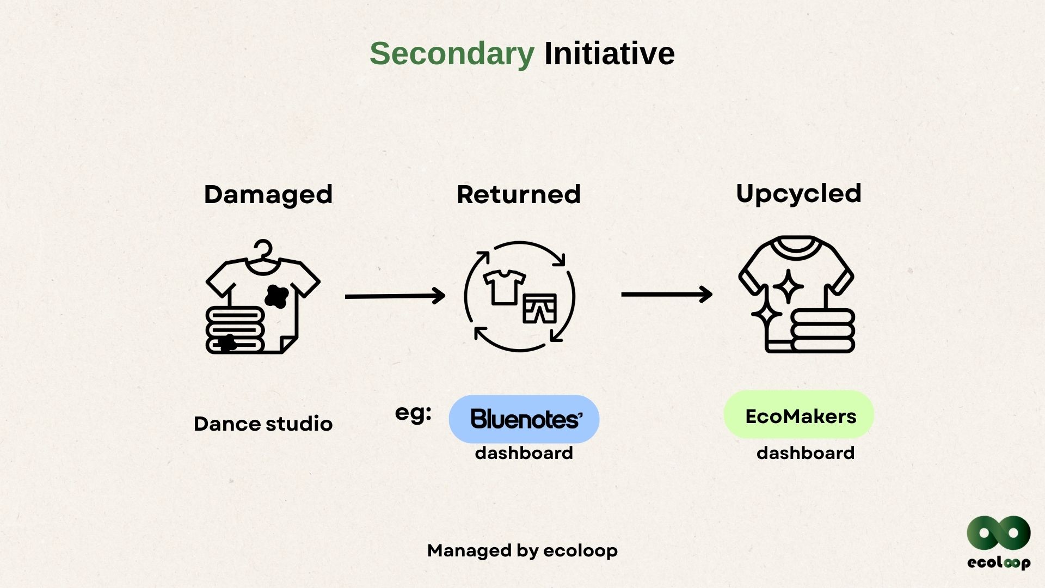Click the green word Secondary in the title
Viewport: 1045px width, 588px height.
[x=452, y=54]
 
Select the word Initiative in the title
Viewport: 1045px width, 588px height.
[x=609, y=54]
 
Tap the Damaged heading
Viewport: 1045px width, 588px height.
[x=268, y=194]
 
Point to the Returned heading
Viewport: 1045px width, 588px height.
[x=518, y=194]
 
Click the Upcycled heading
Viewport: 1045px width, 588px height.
[x=798, y=193]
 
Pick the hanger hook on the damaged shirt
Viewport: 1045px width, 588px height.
[x=263, y=249]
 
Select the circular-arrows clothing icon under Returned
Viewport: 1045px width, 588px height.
[x=519, y=297]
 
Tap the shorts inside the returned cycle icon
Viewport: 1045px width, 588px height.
[x=539, y=309]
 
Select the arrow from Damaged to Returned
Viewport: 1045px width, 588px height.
[x=395, y=296]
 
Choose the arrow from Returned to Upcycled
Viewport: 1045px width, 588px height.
[x=667, y=295]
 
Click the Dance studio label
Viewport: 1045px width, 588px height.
[x=263, y=424]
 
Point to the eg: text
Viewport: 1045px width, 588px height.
[x=413, y=413]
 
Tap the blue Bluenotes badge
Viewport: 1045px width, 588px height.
[x=524, y=419]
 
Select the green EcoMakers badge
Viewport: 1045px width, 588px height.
[x=798, y=415]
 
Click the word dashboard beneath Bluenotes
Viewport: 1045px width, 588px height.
[x=524, y=453]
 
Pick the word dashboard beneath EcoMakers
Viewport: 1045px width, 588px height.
[x=805, y=453]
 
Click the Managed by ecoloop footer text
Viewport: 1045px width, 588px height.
[x=522, y=550]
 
